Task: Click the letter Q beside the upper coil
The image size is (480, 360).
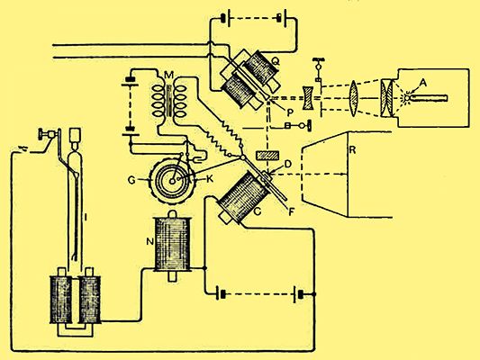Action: coord(276,61)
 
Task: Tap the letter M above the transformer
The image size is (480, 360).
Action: coord(168,75)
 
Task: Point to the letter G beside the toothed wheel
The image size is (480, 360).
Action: coord(132,181)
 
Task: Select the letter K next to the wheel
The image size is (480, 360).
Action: coord(210,179)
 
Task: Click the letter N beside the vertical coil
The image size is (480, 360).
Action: coord(149,242)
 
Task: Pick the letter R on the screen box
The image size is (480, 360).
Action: coord(353,150)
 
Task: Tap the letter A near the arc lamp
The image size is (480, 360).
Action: coord(422,82)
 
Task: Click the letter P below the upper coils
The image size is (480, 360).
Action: coord(290,113)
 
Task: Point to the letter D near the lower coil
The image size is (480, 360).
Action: coord(288,164)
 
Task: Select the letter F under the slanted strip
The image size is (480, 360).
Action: coord(292,211)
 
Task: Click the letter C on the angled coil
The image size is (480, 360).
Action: coord(258,211)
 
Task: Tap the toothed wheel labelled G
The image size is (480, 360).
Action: coord(172,181)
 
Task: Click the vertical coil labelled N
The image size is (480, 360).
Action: coord(173,245)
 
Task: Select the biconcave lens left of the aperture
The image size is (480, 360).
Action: coord(308,98)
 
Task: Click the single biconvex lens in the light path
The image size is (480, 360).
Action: coord(353,98)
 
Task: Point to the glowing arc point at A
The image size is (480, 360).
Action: coord(406,98)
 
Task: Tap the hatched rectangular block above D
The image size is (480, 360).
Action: coord(267,155)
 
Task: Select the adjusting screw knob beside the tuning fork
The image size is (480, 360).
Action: coord(41,134)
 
